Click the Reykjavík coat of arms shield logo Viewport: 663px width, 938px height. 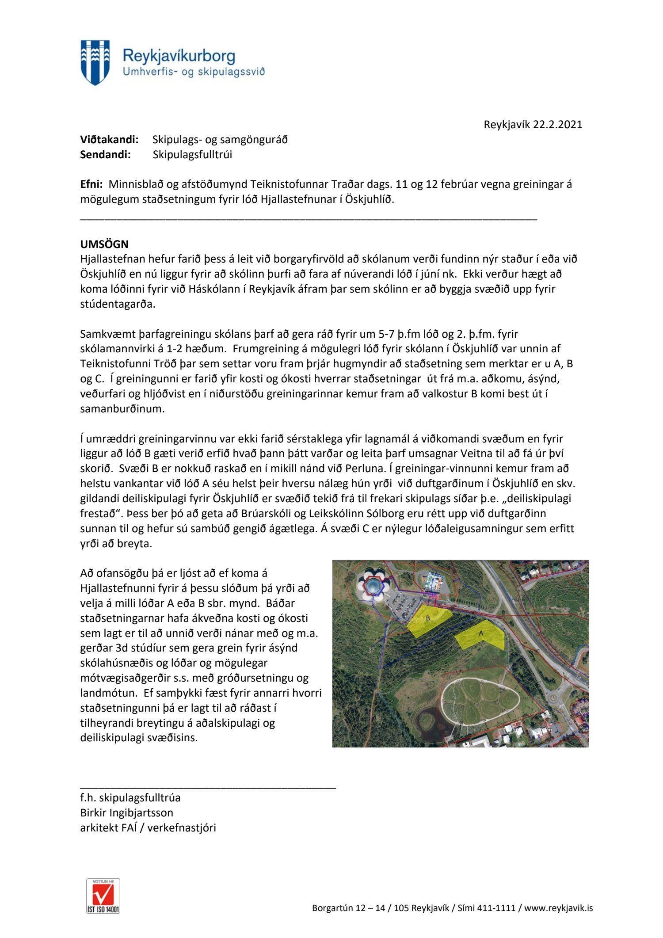coord(95,62)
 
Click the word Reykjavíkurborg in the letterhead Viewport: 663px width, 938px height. coord(179,56)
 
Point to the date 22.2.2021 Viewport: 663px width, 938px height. coord(557,125)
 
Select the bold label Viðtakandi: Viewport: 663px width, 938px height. coord(109,140)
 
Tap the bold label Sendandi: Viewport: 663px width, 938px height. coord(105,155)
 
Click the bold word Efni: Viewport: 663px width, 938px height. coord(91,184)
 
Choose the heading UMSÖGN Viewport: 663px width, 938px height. coord(104,244)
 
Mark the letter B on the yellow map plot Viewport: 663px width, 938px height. coord(428,618)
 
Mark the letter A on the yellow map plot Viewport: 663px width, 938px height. coord(481,633)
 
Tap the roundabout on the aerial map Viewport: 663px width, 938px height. coord(553,699)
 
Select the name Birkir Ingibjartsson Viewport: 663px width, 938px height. coord(126,812)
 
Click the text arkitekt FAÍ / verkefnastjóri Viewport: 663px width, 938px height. coord(148,827)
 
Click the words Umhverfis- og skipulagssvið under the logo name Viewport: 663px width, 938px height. coord(194,72)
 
